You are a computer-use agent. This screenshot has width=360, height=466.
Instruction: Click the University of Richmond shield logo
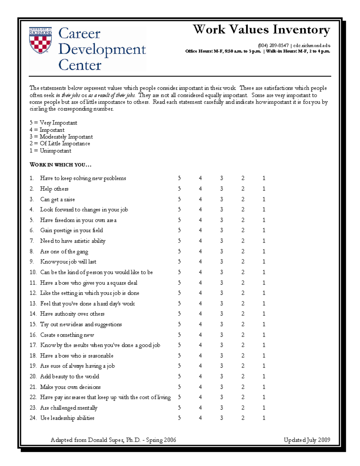point(40,41)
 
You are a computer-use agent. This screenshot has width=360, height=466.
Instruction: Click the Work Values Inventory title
point(261,30)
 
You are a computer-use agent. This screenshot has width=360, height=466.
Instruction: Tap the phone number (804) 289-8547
point(273,46)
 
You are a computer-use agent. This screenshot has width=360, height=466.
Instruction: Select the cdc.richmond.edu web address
point(312,46)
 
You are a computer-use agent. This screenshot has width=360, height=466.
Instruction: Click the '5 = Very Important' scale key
point(53,123)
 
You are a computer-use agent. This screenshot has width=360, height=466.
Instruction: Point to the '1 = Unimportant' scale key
point(50,151)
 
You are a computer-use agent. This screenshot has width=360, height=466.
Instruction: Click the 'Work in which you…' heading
point(60,164)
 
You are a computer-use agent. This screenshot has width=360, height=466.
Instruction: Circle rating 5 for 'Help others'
point(179,189)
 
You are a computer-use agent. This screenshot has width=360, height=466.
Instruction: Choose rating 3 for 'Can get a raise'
point(222,199)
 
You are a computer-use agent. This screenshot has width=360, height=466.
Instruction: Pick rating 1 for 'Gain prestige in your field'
point(264,230)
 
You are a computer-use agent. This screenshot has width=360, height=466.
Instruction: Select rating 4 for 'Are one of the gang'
point(200,251)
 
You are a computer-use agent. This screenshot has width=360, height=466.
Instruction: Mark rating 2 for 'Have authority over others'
point(243,314)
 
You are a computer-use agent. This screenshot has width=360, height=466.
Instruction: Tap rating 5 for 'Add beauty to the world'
point(179,376)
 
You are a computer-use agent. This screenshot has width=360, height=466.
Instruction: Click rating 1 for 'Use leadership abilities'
point(264,418)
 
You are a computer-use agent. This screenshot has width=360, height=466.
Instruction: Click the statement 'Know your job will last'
point(68,262)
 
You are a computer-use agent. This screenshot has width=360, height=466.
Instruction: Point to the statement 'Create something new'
point(67,335)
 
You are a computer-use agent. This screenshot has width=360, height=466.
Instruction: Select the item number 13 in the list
point(33,304)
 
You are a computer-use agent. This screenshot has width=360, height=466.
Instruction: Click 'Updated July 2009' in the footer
point(307,440)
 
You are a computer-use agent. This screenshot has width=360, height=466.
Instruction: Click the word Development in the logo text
point(102,50)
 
